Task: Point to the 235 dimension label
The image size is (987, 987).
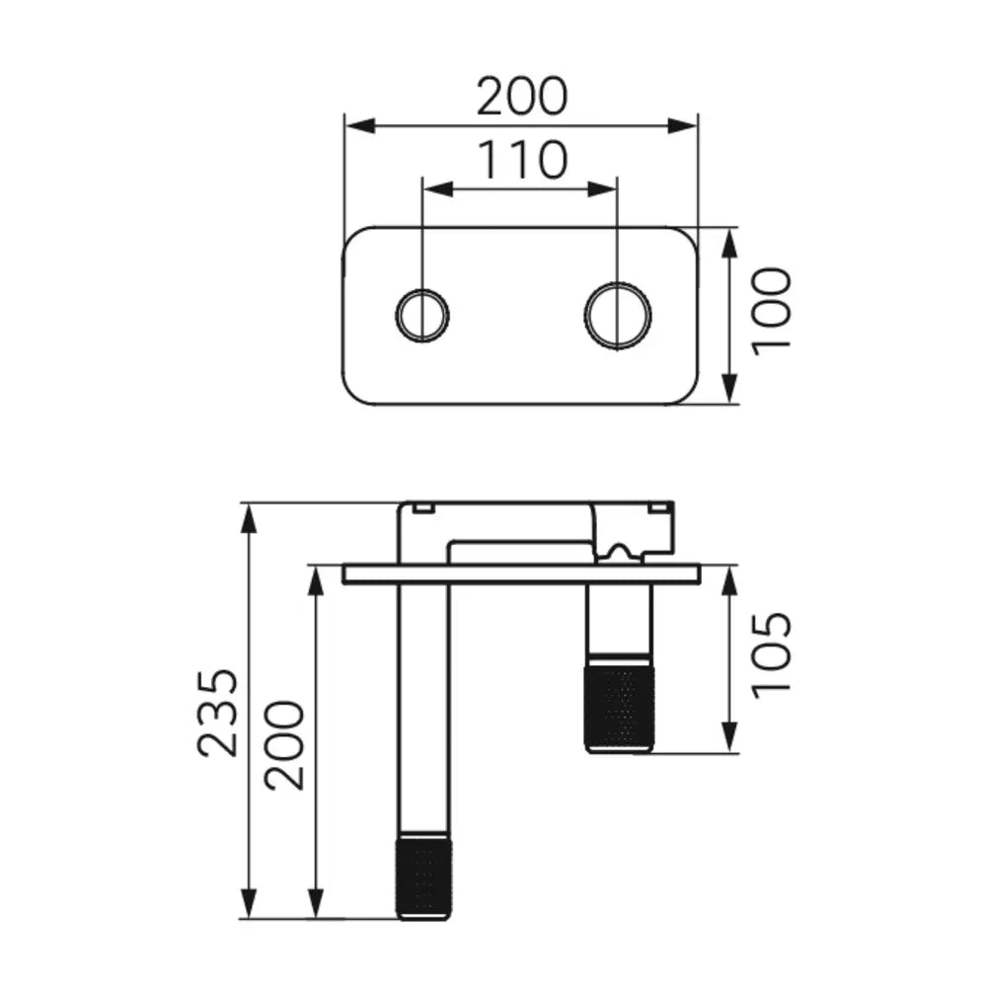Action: [x=218, y=713]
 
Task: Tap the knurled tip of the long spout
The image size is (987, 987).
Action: [x=423, y=876]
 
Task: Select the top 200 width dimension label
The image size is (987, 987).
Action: [x=522, y=97]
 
